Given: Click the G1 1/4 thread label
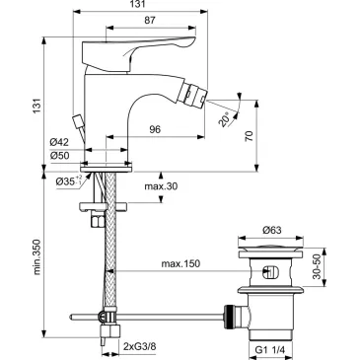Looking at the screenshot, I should [x=276, y=348].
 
